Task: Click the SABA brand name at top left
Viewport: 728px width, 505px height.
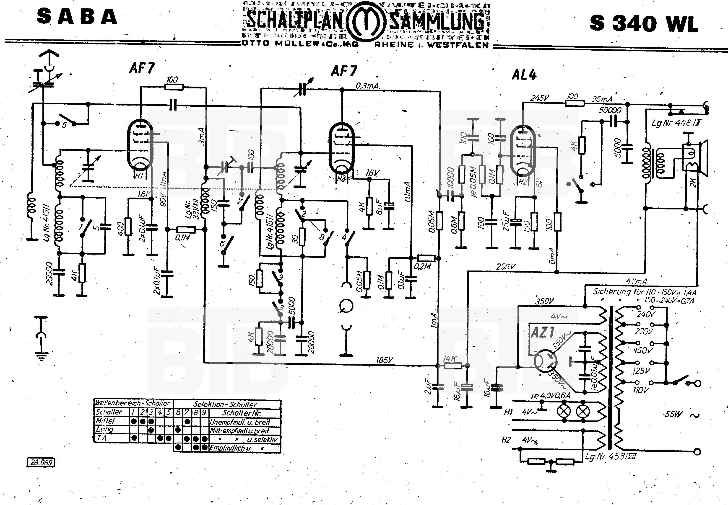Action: point(77,17)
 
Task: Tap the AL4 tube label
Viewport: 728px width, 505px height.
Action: point(524,75)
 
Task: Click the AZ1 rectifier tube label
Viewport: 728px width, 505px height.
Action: point(542,332)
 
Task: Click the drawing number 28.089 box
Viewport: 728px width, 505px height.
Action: point(41,463)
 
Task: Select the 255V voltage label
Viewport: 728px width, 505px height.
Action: point(505,267)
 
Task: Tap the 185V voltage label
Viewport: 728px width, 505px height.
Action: point(385,360)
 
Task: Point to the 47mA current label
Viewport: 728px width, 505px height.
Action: point(636,281)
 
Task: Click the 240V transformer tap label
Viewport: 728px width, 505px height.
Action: point(646,314)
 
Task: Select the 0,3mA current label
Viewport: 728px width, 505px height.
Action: point(367,86)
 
